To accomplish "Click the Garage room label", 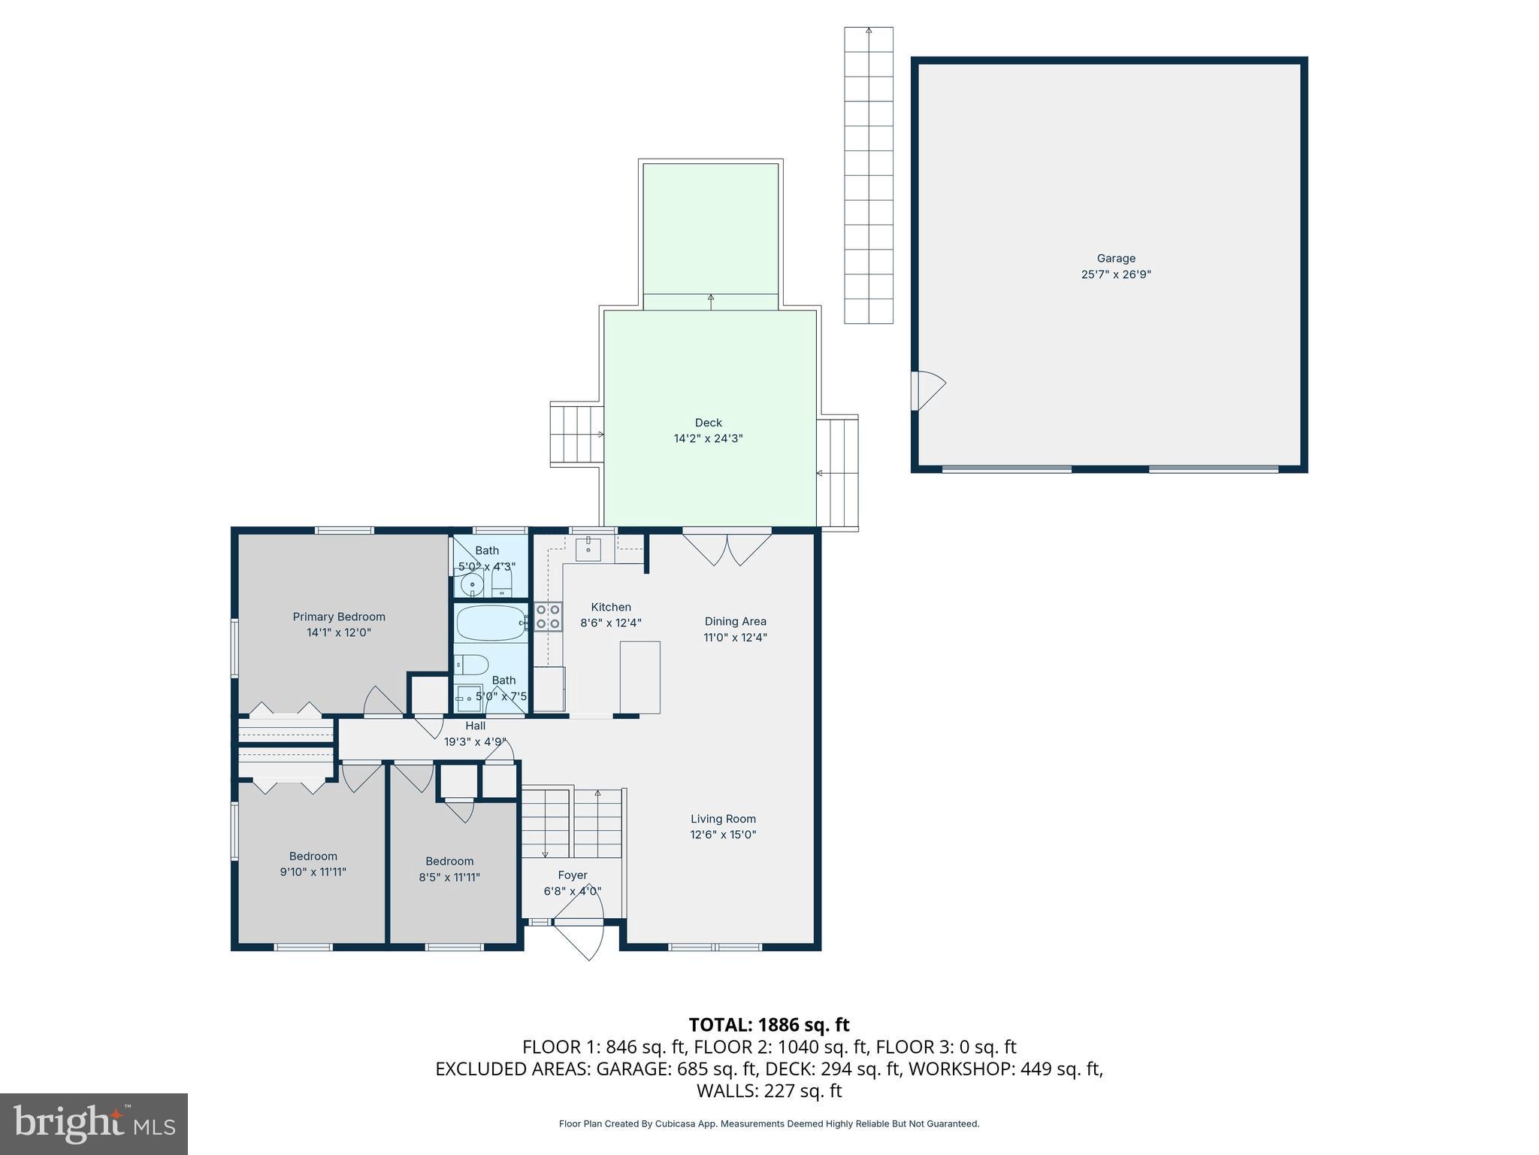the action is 1116,259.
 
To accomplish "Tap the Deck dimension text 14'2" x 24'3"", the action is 708,438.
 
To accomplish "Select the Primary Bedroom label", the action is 339,617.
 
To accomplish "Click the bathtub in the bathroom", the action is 491,623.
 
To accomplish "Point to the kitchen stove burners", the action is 548,616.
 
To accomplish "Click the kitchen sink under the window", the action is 588,550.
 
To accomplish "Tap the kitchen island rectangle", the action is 639,677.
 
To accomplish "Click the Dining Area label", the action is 735,621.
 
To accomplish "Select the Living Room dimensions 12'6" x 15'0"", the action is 723,835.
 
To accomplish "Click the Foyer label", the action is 573,875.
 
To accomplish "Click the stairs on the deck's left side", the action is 577,435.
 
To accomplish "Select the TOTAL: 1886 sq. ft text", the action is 769,1025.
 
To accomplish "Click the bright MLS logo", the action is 94,1123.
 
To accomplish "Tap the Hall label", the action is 475,726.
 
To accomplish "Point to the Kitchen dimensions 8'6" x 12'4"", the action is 611,623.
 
